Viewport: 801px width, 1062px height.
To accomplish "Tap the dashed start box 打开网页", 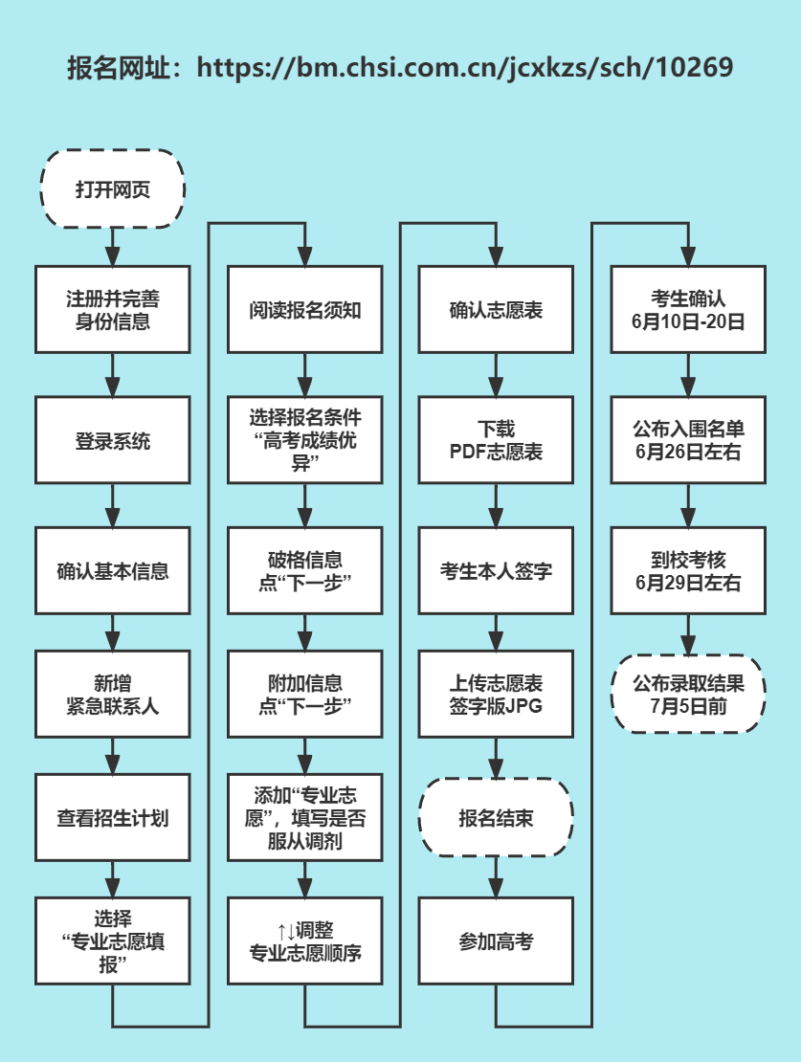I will (113, 188).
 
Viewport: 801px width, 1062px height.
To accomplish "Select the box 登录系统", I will (113, 441).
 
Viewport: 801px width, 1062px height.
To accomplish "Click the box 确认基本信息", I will (113, 571).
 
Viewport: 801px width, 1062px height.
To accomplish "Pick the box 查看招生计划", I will (113, 818).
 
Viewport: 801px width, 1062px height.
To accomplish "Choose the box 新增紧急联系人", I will (113, 695).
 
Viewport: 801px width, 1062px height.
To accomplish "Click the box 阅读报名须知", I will (305, 311).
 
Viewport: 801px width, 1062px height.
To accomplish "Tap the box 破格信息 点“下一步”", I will (305, 571).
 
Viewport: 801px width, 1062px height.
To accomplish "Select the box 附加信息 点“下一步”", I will (305, 695).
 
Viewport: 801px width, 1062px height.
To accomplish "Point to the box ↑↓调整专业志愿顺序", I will (305, 941).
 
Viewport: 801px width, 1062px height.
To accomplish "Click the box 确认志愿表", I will (496, 311).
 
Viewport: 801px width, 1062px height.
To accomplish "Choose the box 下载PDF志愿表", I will (496, 441).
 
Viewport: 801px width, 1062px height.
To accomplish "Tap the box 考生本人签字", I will (496, 571).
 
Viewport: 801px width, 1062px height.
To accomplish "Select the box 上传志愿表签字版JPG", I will (496, 695).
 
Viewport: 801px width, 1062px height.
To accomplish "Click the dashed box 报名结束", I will (496, 818).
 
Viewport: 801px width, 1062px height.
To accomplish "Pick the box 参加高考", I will (496, 941).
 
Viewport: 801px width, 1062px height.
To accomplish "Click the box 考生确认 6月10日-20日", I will (688, 311).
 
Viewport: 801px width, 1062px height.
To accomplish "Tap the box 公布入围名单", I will (688, 441).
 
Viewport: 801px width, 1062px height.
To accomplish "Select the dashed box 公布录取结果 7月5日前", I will (688, 695).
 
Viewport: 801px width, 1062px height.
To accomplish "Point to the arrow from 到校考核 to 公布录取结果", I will (688, 635).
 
